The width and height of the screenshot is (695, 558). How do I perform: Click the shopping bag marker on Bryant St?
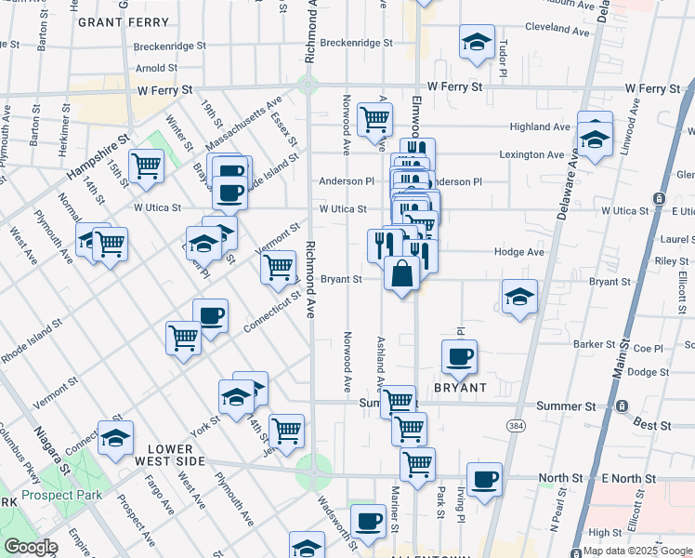click(401, 274)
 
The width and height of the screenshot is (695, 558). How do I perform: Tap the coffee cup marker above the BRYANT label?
click(458, 355)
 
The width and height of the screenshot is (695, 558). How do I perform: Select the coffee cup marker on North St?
click(484, 479)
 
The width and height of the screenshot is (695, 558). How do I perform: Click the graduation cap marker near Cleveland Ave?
click(477, 42)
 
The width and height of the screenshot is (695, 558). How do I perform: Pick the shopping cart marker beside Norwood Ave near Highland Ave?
click(374, 119)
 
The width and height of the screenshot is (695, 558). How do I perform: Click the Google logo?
click(31, 547)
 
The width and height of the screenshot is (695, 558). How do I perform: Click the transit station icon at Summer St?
click(622, 406)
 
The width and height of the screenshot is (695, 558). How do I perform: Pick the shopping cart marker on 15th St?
click(146, 166)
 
